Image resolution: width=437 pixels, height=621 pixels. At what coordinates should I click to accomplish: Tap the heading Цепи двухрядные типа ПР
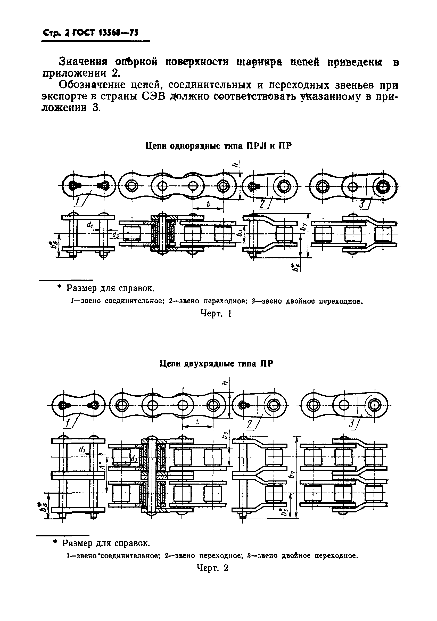point(216,364)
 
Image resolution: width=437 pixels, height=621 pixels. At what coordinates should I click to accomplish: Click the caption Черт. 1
point(216,314)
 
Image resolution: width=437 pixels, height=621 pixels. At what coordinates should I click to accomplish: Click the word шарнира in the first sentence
point(259,62)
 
